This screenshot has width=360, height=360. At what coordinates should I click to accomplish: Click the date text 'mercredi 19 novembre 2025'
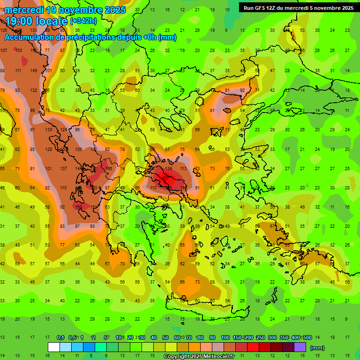tap(65, 9)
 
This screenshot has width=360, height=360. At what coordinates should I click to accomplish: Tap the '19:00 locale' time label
tap(36, 21)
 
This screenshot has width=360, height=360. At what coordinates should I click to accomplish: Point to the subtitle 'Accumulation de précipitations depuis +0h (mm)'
tap(90, 37)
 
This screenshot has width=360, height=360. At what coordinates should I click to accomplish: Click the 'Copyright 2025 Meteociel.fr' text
tap(199, 357)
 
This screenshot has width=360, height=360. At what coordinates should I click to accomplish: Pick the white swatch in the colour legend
tap(54, 347)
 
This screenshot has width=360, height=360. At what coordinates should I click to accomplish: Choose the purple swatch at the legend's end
tap(300, 347)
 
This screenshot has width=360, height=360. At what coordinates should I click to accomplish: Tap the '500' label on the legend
tap(307, 338)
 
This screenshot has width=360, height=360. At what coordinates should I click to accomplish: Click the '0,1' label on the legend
tap(60, 338)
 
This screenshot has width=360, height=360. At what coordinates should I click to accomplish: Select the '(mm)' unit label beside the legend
tap(317, 348)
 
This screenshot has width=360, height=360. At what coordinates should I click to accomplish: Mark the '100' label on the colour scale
tap(225, 338)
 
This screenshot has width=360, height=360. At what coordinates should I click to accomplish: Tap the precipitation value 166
tap(109, 168)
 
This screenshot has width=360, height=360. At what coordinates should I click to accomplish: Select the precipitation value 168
tap(79, 207)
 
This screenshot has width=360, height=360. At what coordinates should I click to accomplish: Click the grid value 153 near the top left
tap(19, 51)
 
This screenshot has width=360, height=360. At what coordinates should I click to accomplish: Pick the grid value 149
tap(33, 71)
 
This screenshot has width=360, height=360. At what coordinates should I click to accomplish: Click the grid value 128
tap(48, 150)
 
